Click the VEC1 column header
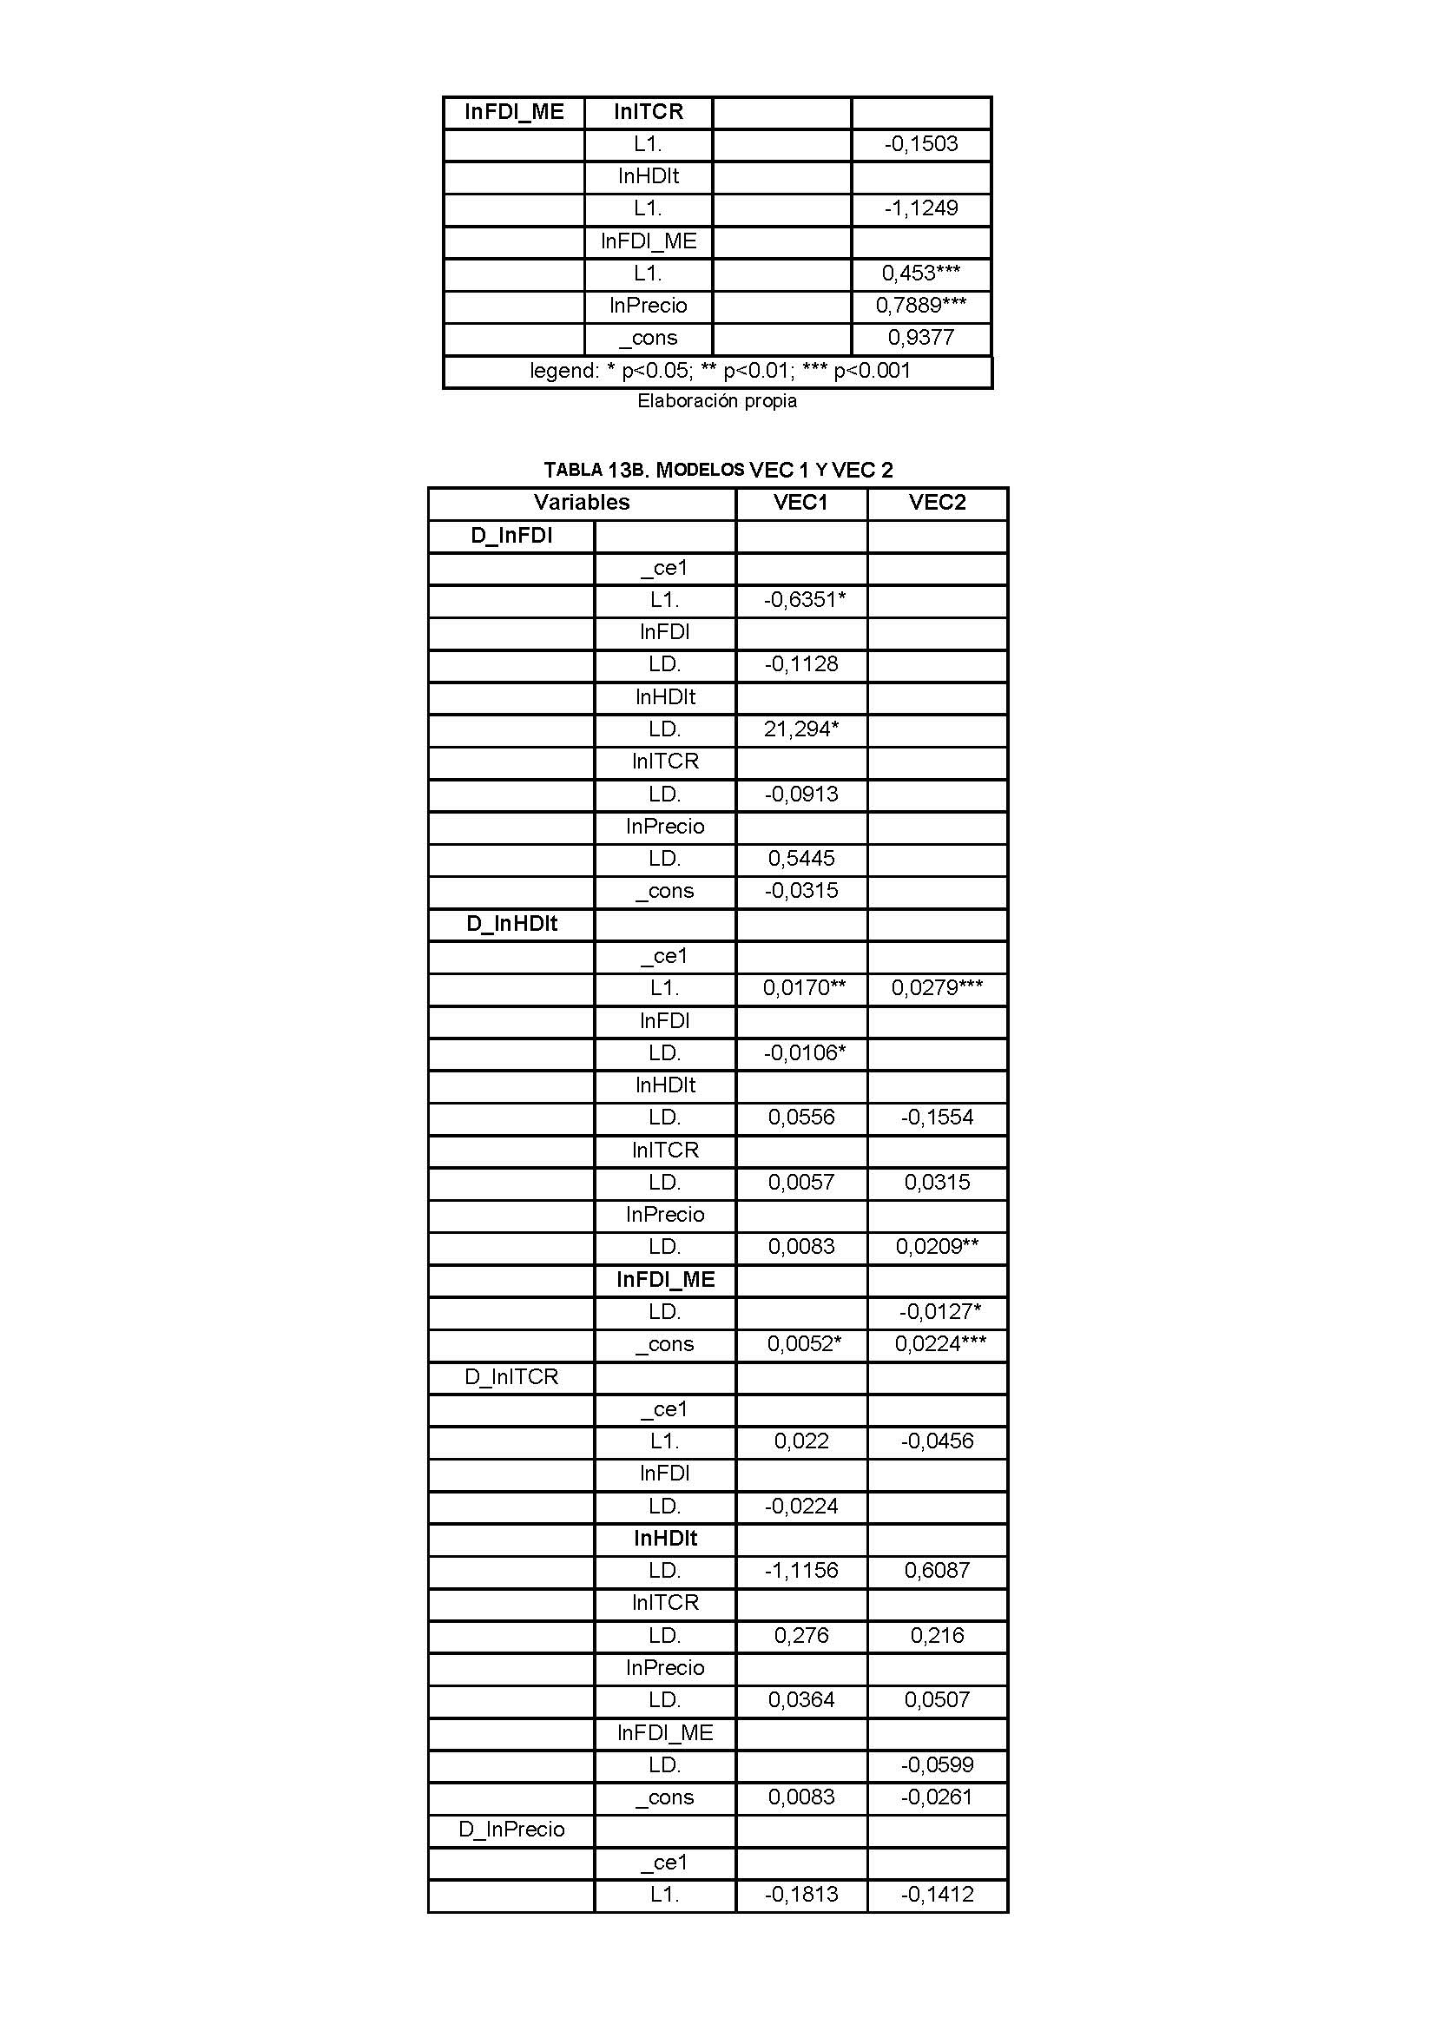point(800,503)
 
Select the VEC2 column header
point(938,503)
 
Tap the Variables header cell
point(581,503)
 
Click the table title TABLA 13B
point(718,470)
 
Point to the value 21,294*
point(801,729)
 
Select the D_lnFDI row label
point(511,535)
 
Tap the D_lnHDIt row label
point(511,924)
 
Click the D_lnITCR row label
point(511,1376)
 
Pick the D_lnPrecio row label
point(511,1830)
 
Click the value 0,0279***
point(937,988)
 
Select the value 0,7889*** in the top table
point(920,305)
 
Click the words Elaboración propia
point(717,400)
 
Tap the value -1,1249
point(920,208)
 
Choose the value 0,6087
point(937,1570)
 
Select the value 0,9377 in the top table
point(920,337)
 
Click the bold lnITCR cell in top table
point(649,111)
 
